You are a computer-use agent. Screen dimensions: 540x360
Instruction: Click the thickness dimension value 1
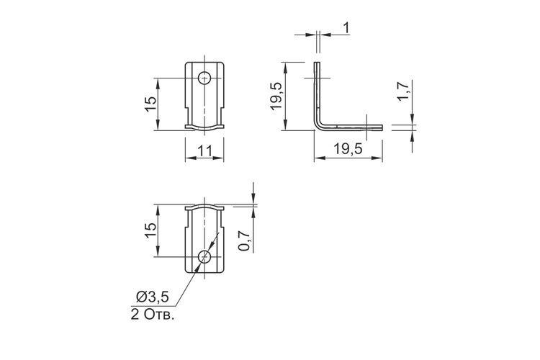346,28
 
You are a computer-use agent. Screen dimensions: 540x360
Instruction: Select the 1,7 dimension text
402,91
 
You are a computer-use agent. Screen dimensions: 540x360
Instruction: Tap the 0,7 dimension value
244,240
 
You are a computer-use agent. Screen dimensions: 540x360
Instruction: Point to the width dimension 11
204,150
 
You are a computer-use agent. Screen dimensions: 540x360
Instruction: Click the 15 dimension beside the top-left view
150,104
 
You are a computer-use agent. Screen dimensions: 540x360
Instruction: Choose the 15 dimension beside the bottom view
150,230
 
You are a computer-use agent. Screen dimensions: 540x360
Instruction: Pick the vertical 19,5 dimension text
276,96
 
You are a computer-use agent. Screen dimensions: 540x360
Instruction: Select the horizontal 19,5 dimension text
348,149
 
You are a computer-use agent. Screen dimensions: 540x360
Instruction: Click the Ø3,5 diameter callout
153,297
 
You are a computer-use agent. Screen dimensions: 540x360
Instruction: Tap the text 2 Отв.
152,315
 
